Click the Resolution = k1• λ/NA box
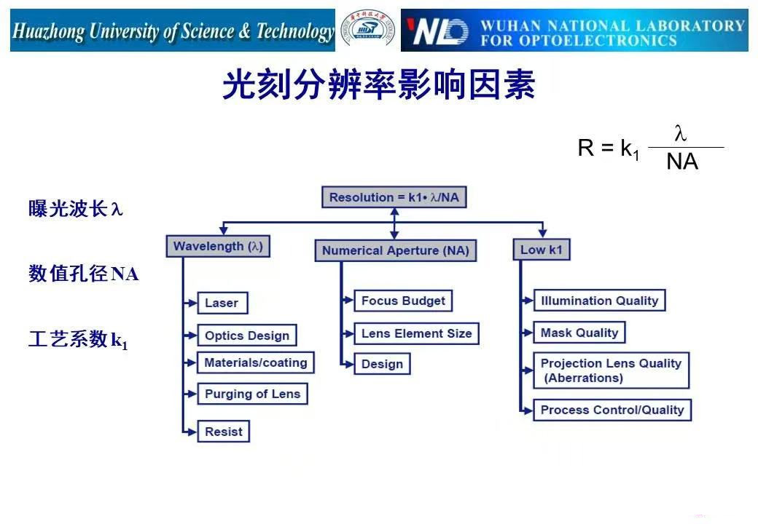point(394,197)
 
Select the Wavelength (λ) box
point(218,247)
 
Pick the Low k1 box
point(541,250)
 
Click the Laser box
point(222,303)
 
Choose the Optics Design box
point(247,336)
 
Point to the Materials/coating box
point(255,362)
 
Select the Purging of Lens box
point(252,394)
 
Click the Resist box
point(223,431)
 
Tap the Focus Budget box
point(403,301)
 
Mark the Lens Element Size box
point(416,333)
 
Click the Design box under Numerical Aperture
point(382,364)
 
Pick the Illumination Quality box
point(599,301)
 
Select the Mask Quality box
point(579,333)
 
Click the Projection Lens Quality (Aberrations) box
point(611,370)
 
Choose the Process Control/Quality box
point(612,410)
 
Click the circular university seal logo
point(369,31)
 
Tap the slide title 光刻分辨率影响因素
point(378,85)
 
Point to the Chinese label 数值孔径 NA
point(83,274)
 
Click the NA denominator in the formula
point(682,162)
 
